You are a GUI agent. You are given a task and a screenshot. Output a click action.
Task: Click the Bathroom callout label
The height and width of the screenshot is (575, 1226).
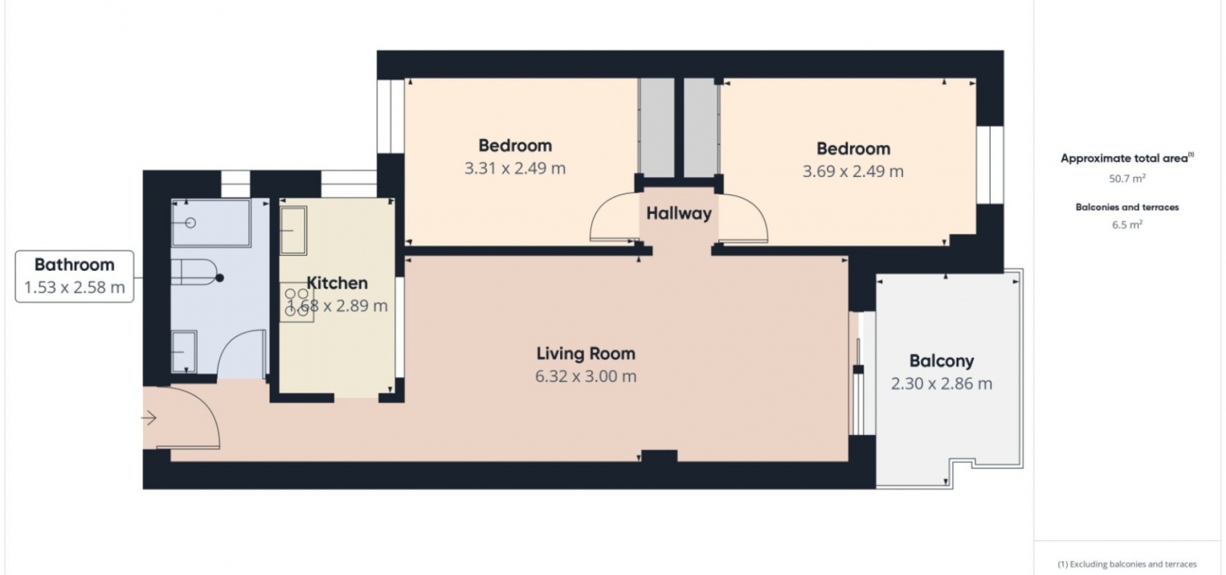click(x=74, y=276)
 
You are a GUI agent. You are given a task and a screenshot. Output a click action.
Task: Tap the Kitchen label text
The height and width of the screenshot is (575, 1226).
click(x=337, y=283)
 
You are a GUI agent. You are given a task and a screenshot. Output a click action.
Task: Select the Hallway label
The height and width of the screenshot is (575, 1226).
click(x=679, y=213)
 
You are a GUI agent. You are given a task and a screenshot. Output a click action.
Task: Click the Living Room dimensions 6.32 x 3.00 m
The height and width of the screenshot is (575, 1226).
click(x=586, y=377)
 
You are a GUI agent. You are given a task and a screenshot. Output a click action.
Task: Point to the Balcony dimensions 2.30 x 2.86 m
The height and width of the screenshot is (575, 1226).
click(x=941, y=384)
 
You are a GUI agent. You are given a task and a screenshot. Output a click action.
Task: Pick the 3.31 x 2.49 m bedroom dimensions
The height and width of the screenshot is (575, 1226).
click(x=515, y=168)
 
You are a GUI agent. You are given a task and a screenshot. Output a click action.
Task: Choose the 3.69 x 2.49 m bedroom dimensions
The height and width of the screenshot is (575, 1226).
click(x=853, y=171)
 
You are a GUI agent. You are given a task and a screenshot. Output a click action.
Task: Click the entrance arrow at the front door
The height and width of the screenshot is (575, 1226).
click(x=149, y=418)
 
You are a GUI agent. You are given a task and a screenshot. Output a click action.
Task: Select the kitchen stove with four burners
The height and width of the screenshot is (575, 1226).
click(x=297, y=302)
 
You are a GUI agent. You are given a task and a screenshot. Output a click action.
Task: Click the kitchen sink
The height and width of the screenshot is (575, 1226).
click(x=294, y=230)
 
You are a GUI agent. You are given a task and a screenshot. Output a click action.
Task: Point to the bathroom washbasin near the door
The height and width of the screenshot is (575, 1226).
click(x=184, y=352)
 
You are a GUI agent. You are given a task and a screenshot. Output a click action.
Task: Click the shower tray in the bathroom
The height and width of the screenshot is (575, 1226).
click(x=211, y=223)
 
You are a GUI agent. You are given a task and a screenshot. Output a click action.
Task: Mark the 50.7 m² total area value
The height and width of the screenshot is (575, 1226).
click(x=1128, y=179)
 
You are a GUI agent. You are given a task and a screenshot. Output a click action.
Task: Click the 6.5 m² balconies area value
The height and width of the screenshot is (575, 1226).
click(x=1128, y=225)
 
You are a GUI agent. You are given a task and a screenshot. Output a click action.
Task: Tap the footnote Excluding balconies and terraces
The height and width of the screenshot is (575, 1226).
click(x=1128, y=564)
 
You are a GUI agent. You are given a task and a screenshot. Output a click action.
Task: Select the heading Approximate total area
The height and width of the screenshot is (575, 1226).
click(x=1128, y=158)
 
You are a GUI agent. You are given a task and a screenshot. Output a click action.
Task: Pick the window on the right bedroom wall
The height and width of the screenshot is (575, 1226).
click(x=990, y=165)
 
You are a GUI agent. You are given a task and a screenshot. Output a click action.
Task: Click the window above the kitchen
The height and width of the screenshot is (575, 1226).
click(x=349, y=184)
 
